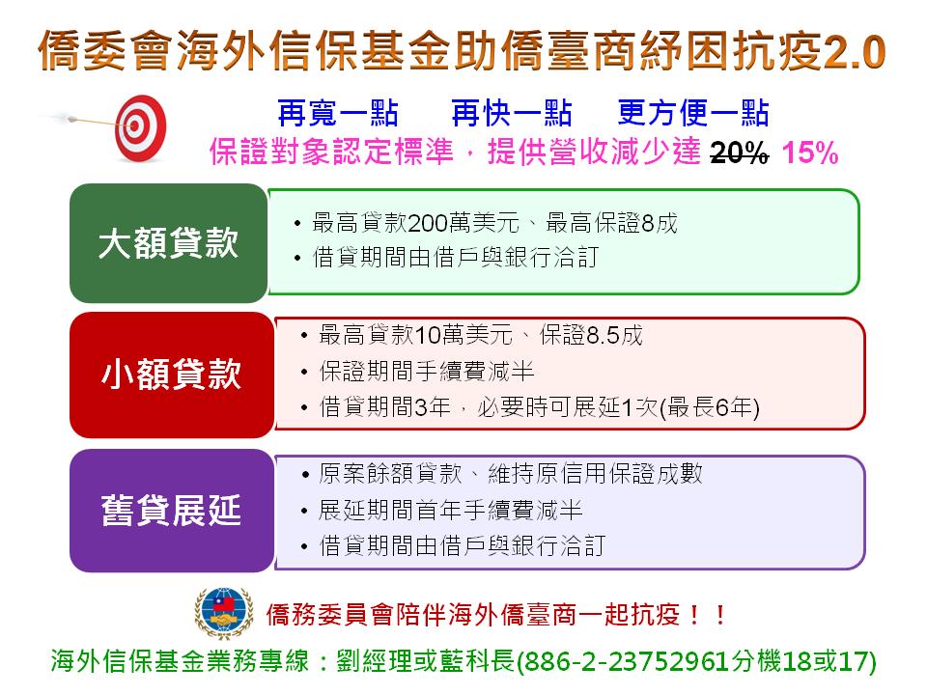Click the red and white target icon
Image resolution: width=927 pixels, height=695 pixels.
140,128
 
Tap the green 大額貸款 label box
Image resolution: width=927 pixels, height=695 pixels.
169,243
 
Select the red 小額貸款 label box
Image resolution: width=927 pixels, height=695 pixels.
172,375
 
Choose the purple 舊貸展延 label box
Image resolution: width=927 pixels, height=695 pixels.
172,511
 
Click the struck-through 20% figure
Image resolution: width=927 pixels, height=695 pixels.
739,153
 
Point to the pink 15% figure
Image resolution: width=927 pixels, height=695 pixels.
810,153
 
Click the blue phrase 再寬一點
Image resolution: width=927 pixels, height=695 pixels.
338,113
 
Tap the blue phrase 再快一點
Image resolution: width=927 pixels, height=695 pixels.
512,113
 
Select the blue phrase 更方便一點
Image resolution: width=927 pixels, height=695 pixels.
693,113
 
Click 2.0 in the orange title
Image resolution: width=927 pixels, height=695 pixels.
854,52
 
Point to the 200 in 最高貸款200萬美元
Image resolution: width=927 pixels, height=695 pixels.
428,223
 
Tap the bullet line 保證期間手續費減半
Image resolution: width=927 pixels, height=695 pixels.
426,371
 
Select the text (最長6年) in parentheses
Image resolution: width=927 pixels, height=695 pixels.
709,407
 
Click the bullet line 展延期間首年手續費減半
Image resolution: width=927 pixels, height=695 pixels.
451,510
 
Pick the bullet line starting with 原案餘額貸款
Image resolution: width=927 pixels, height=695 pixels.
511,473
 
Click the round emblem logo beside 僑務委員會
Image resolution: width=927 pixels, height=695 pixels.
224,614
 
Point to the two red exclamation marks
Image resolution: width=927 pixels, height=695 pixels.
707,615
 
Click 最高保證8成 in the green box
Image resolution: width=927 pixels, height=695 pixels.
611,223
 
